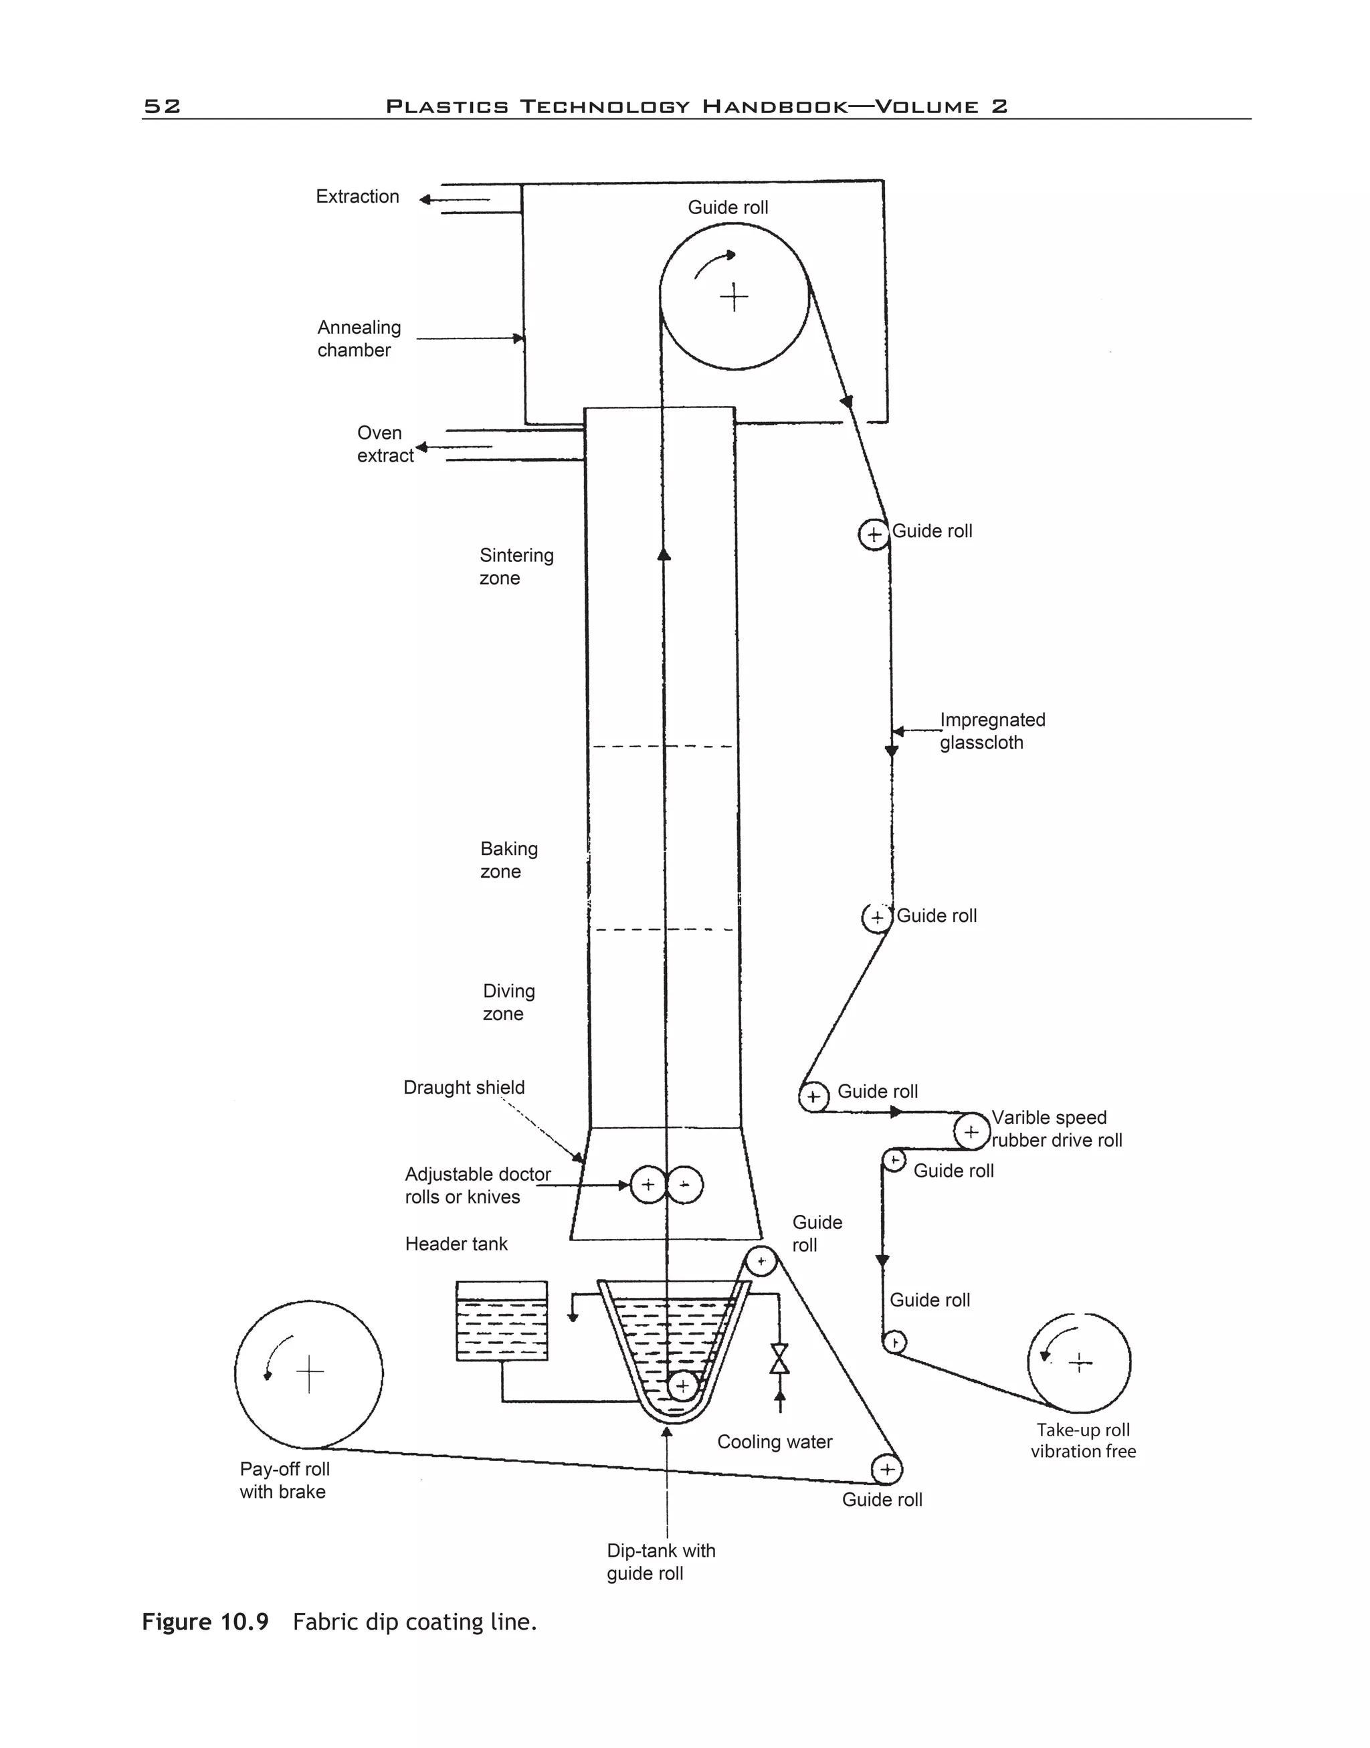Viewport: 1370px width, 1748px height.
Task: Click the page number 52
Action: [x=162, y=106]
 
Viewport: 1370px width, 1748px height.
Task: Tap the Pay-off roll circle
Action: [x=309, y=1374]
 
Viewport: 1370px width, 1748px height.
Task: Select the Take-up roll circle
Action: [x=1079, y=1362]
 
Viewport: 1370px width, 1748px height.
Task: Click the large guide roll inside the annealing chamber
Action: [x=734, y=297]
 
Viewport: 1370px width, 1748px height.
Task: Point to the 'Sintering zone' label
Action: [x=516, y=567]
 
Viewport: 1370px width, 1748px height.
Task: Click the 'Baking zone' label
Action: [x=508, y=860]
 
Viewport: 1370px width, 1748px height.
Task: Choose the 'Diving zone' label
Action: [x=508, y=1002]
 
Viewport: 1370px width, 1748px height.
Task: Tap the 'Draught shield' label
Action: [x=464, y=1087]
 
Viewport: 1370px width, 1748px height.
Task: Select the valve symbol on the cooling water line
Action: [x=779, y=1359]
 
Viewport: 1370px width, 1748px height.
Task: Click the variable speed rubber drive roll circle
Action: [x=971, y=1132]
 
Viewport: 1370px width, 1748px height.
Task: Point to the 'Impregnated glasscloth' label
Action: [x=992, y=731]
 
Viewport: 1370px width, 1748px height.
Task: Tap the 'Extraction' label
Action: [x=357, y=197]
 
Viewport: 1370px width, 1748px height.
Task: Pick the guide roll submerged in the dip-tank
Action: [x=682, y=1385]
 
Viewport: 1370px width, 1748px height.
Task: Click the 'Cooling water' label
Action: [x=774, y=1442]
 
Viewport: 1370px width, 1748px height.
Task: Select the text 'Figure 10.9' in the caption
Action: [x=205, y=1622]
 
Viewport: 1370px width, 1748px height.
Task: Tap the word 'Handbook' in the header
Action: [x=775, y=106]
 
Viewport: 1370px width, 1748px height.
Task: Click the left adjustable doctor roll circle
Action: [x=648, y=1185]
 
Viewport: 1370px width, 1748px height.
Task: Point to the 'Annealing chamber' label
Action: [x=359, y=338]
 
